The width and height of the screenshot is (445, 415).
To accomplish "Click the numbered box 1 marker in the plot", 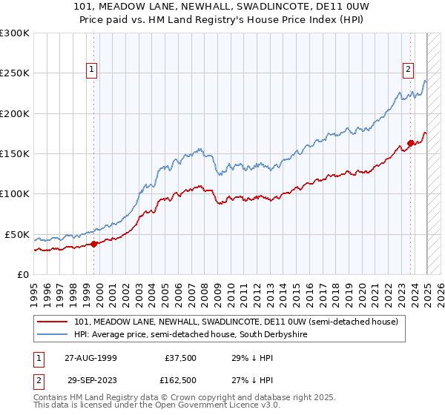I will click(92, 70).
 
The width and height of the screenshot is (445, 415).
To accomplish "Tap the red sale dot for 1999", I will click(94, 244).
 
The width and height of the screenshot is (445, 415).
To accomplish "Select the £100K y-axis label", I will click(16, 193).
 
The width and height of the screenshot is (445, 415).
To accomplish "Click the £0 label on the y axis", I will click(22, 274).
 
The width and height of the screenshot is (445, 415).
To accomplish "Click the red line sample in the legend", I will click(53, 322).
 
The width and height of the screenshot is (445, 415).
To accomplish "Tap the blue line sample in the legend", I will click(53, 335).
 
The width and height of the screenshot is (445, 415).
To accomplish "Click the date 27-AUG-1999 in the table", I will click(90, 357).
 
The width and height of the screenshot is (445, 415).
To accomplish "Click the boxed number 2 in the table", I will click(38, 379).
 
